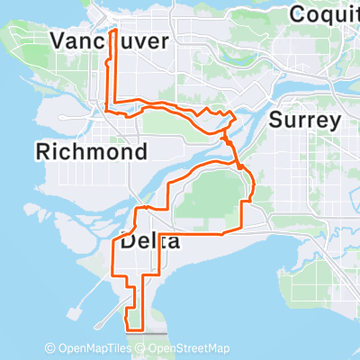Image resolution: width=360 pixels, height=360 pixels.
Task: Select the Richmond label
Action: (92, 152)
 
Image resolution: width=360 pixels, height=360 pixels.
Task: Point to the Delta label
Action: (149, 242)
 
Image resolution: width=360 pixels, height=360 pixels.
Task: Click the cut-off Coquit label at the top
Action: (323, 13)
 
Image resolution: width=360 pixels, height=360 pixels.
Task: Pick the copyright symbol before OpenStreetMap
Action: (142, 348)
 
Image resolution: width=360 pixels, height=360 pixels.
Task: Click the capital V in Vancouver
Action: (59, 41)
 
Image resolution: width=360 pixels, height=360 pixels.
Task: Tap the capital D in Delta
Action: (128, 242)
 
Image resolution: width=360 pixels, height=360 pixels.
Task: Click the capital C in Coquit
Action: (299, 13)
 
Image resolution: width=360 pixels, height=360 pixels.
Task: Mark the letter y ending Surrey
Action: (335, 122)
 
